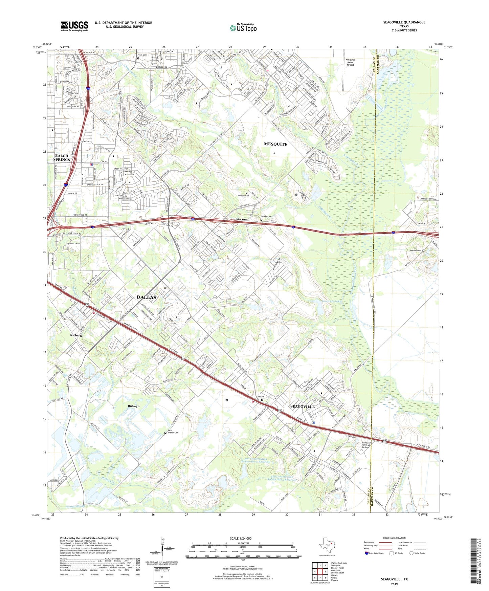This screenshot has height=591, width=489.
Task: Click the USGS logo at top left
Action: (74, 26)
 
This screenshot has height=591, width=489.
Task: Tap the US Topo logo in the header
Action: (243, 28)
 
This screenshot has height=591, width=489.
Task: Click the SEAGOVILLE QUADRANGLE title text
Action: (404, 22)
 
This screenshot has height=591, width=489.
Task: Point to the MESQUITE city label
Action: (275, 144)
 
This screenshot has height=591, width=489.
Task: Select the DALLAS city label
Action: (147, 297)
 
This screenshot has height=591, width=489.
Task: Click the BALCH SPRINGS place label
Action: (62, 157)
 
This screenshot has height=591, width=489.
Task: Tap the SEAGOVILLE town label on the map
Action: (303, 407)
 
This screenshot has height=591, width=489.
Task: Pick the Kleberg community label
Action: (76, 335)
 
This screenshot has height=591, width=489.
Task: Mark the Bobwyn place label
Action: (134, 406)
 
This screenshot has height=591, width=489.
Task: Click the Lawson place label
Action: (241, 219)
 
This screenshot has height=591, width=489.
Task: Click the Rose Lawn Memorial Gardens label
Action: (366, 445)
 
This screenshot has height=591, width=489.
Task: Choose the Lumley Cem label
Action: (244, 196)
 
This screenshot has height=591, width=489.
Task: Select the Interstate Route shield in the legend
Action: (367, 553)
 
